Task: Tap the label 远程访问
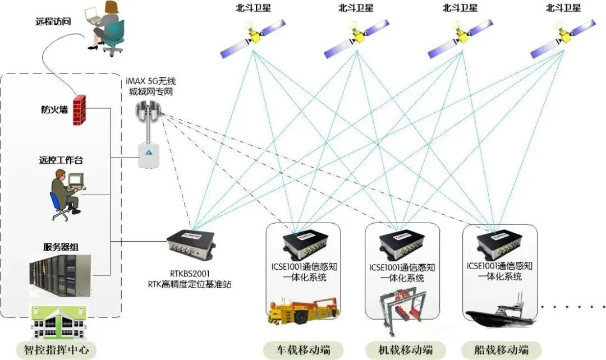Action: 53,22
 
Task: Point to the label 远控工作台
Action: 61,160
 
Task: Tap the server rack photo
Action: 60,275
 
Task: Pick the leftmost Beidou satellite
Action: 252,37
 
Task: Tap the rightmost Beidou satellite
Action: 563,37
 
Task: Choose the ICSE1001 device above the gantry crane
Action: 400,243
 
